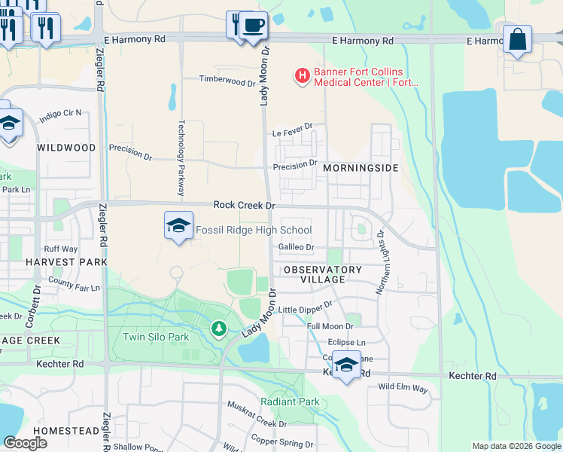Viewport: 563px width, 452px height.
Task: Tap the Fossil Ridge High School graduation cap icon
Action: coord(178,225)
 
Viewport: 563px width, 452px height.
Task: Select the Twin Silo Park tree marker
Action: coord(218,328)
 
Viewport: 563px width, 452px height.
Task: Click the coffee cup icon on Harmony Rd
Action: coord(253,25)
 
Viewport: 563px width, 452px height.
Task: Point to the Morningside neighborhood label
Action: coord(361,168)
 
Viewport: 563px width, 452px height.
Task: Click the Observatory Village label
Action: coord(323,274)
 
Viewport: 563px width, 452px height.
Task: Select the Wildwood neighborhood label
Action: coord(67,148)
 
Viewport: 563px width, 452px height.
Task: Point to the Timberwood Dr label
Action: coord(227,79)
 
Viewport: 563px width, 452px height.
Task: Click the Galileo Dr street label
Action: coord(296,247)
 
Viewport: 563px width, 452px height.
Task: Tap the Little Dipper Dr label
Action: coord(305,308)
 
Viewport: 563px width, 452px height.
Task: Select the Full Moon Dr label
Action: coord(330,326)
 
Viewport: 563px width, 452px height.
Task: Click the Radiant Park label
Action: coord(291,402)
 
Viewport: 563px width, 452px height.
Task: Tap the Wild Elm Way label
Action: coord(403,388)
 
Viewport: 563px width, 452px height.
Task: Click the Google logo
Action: coord(25,443)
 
